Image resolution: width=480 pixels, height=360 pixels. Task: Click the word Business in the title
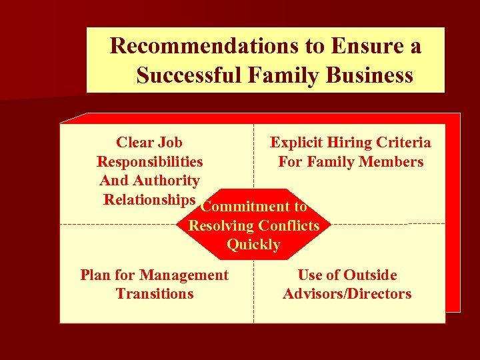(x=370, y=75)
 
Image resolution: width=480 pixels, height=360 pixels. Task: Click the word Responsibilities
(x=150, y=161)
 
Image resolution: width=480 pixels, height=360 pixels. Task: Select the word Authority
(x=165, y=180)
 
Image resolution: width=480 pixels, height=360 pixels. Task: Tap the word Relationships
(x=149, y=199)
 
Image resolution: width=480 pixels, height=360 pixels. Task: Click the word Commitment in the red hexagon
(x=245, y=207)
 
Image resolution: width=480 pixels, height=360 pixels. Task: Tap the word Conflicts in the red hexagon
(x=289, y=225)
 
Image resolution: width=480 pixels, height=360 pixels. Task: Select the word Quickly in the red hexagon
(x=253, y=245)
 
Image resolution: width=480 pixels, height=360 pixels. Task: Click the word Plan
(x=94, y=275)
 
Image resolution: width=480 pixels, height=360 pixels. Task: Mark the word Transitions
(x=155, y=293)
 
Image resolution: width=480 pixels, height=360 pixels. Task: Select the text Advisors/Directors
(x=347, y=293)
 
